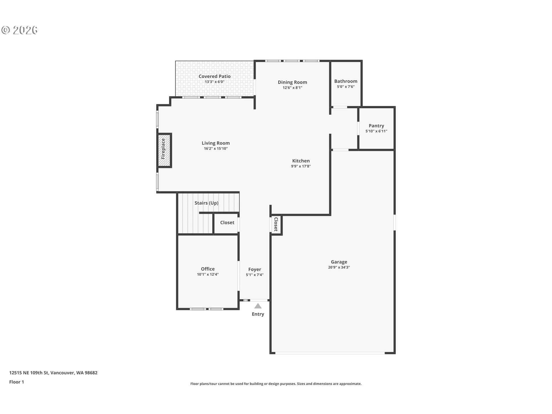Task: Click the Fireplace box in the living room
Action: click(164, 150)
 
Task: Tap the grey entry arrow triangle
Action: click(258, 306)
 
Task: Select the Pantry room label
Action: click(376, 126)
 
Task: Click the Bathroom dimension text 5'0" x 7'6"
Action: click(346, 87)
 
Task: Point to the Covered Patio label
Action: click(214, 76)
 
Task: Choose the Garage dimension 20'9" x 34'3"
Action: click(339, 267)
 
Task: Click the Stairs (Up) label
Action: click(206, 203)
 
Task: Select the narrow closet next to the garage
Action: click(276, 224)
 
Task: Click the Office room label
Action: click(208, 269)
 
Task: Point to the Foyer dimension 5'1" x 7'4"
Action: click(254, 275)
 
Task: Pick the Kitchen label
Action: click(301, 161)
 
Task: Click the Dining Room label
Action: click(292, 82)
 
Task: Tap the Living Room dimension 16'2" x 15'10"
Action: click(216, 149)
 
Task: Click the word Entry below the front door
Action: click(258, 314)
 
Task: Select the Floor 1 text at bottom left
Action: click(17, 382)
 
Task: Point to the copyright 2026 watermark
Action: click(20, 30)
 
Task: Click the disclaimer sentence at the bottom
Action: click(276, 384)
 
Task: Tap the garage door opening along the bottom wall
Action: click(330, 353)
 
